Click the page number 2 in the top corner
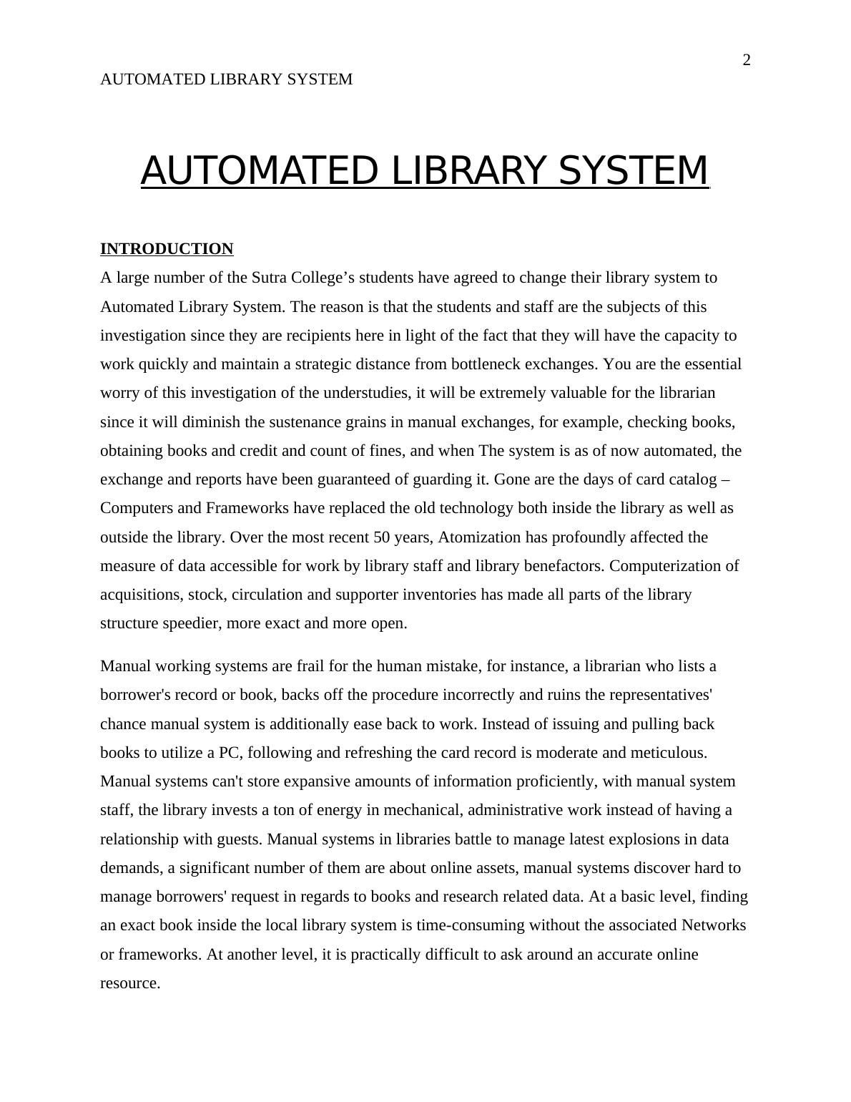[x=747, y=60]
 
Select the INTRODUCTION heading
[x=167, y=249]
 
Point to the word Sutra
[x=270, y=278]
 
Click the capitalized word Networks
[x=713, y=925]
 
